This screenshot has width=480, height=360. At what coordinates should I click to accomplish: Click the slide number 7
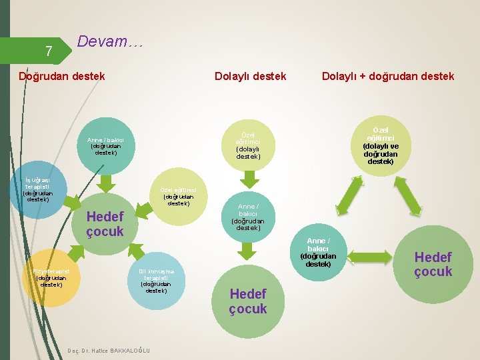tap(48, 51)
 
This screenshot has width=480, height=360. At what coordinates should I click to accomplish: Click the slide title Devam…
tap(110, 41)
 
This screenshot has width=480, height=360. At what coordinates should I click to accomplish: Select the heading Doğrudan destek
tap(62, 76)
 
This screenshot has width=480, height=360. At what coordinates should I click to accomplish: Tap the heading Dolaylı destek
tap(250, 76)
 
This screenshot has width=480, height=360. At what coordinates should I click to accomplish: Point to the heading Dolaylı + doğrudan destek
tap(388, 76)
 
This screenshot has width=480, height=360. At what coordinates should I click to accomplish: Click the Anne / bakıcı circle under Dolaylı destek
tap(247, 217)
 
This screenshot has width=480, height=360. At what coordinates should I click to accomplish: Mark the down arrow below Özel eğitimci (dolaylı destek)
tap(248, 179)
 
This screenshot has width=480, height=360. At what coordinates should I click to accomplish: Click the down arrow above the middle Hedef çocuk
tap(248, 251)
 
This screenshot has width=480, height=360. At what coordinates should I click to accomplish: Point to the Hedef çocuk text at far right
tap(433, 264)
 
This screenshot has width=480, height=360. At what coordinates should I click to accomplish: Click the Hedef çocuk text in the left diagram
tap(105, 224)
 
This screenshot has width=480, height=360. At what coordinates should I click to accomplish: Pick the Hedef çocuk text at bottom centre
tap(247, 301)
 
